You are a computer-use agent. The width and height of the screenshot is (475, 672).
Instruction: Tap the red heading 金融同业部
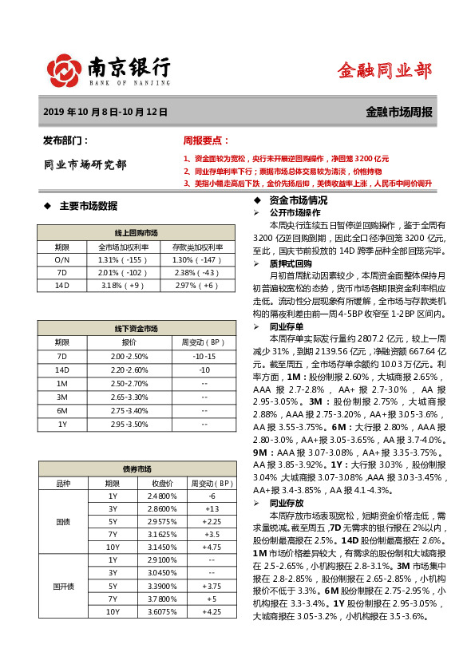point(384,70)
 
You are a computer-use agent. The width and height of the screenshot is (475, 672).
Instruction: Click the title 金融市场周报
point(399,113)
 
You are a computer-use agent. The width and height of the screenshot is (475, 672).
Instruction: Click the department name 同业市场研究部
point(85,165)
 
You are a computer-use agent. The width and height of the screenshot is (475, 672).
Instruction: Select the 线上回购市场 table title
point(136,232)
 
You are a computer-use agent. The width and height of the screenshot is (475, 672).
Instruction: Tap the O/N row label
point(62,260)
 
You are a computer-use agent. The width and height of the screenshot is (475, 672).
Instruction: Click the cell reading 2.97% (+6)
point(196,285)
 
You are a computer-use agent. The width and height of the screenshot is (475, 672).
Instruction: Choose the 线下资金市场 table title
point(136,328)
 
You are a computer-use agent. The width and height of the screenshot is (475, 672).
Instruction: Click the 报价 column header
point(129,342)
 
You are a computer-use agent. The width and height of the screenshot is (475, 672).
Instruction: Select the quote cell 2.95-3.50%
point(129,425)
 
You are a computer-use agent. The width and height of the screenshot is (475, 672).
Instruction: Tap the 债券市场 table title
point(136,470)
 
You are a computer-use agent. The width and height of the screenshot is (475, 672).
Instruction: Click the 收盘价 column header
point(163,484)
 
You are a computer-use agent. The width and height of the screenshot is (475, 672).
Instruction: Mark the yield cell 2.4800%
point(163,496)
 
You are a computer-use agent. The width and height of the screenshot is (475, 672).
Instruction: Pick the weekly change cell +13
point(212,509)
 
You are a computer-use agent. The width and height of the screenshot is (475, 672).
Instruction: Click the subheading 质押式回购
point(291,263)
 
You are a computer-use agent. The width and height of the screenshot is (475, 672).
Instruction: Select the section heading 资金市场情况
point(298,200)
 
